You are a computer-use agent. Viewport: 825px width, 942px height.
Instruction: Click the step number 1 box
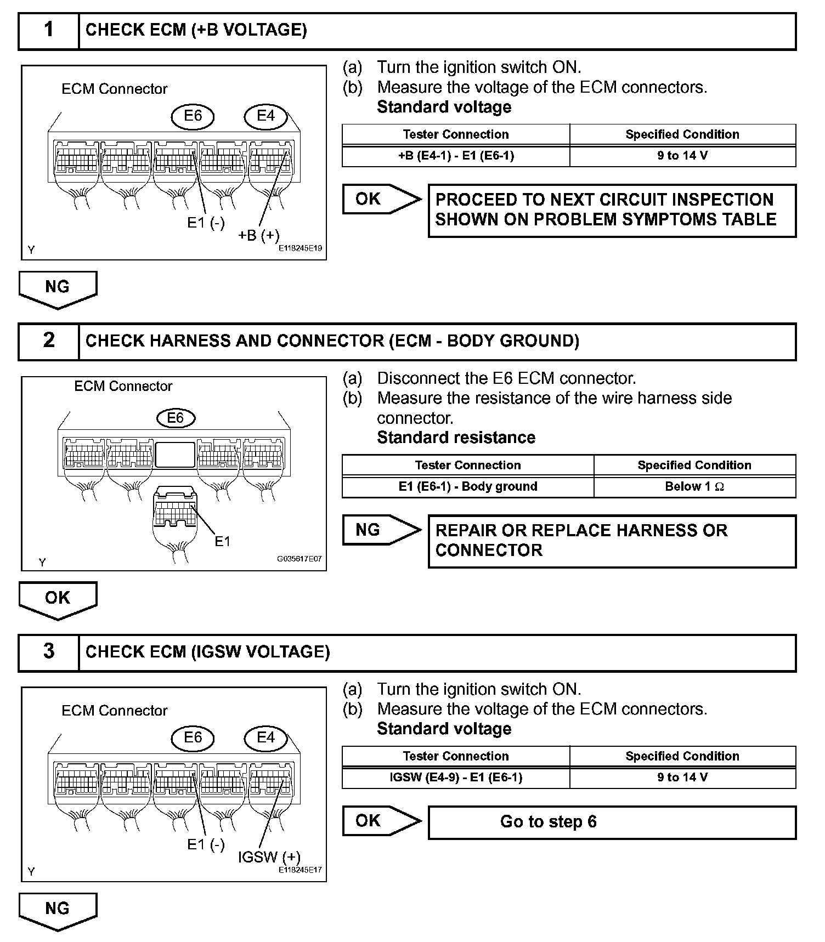click(x=49, y=30)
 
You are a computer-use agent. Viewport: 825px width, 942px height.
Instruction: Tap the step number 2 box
click(x=49, y=341)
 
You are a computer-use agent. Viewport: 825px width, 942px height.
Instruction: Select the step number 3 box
click(x=49, y=652)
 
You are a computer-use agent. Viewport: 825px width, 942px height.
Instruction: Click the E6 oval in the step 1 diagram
click(x=193, y=116)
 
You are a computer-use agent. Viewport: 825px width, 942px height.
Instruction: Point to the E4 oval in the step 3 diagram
click(x=265, y=737)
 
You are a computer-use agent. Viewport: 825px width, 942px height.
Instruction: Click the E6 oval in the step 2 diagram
click(x=175, y=418)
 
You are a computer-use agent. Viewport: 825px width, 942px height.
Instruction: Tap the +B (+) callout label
click(x=259, y=235)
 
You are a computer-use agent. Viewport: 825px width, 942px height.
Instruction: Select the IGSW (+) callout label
click(x=269, y=857)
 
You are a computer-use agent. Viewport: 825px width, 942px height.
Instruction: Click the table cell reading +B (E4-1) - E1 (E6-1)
click(x=456, y=156)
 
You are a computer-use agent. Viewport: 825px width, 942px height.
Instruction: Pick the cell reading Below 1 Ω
click(x=694, y=486)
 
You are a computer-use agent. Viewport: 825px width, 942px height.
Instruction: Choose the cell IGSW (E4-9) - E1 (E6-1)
click(x=456, y=778)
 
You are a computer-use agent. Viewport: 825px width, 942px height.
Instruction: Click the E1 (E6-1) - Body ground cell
click(x=468, y=486)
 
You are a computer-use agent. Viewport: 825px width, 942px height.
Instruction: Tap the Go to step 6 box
click(x=612, y=822)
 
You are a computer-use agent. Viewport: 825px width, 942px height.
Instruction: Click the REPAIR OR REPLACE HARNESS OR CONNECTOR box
click(x=612, y=541)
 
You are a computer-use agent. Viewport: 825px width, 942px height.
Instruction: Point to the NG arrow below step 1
click(x=58, y=288)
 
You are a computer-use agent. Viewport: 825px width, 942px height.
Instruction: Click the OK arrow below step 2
click(x=58, y=599)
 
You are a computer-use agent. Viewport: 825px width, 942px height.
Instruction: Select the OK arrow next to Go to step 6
click(x=381, y=821)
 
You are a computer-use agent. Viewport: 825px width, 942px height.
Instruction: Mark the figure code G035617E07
click(x=299, y=559)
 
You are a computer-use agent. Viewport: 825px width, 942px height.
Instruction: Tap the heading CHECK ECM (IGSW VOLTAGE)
click(x=208, y=652)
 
